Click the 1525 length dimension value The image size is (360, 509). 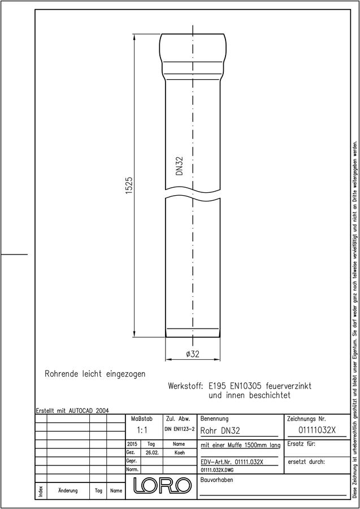(x=129, y=186)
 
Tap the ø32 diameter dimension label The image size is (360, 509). (x=193, y=354)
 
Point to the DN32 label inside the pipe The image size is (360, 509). (x=180, y=166)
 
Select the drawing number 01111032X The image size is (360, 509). (x=317, y=430)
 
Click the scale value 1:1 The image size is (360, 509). (x=142, y=431)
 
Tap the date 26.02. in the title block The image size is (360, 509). (x=152, y=453)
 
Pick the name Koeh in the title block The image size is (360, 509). (x=179, y=453)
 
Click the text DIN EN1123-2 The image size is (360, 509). (x=179, y=429)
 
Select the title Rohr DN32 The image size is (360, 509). (x=220, y=431)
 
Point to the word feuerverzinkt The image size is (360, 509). (x=289, y=386)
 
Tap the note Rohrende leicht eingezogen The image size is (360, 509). (x=95, y=374)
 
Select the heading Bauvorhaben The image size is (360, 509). (x=216, y=480)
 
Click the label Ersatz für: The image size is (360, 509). (x=301, y=444)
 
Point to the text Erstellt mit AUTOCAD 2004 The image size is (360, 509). (x=72, y=411)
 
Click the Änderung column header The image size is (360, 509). (x=68, y=490)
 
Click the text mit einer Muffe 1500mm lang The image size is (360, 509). (x=241, y=446)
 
